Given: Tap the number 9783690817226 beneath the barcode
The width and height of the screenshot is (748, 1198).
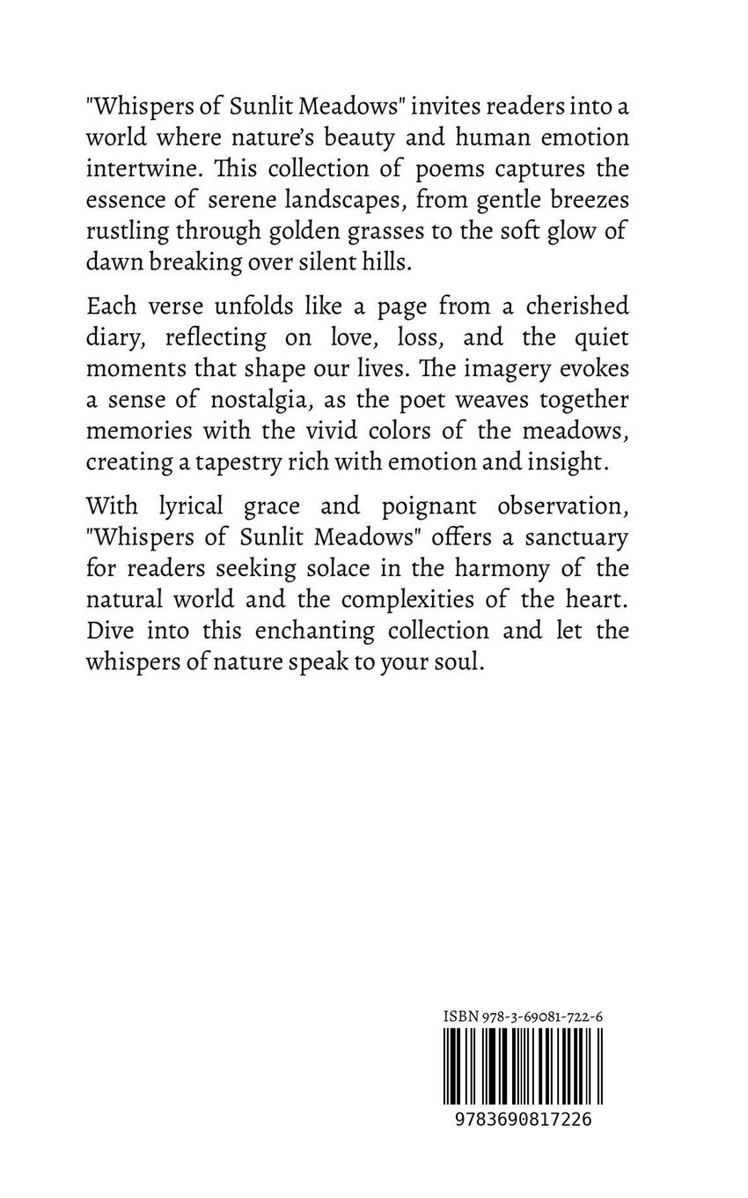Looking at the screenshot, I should click(x=517, y=1120).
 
